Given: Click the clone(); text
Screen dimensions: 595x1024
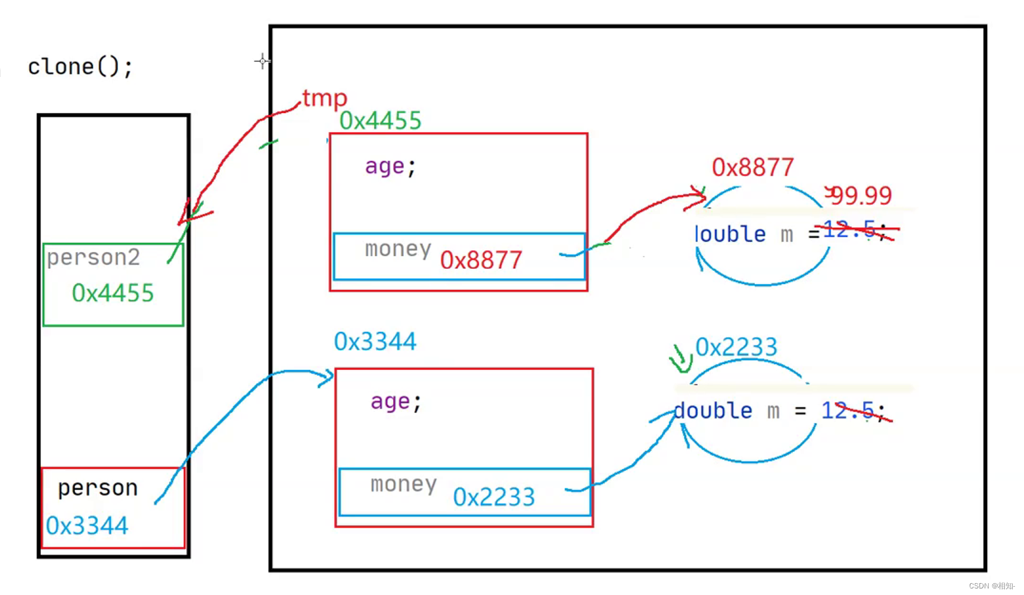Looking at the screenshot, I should tap(80, 67).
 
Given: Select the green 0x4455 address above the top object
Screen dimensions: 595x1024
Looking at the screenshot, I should tap(380, 121).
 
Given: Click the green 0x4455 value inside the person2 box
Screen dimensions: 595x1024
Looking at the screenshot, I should tap(113, 293).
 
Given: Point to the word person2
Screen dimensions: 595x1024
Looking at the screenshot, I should tap(94, 257).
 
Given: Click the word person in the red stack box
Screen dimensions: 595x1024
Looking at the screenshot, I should tap(98, 488).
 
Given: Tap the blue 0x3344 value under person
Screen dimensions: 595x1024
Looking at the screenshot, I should tap(87, 526).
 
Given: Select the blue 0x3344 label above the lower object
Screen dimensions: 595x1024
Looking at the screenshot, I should tap(375, 342).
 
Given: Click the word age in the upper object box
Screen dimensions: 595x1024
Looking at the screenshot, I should tap(385, 166).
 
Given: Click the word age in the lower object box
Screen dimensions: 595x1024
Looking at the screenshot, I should tap(390, 401).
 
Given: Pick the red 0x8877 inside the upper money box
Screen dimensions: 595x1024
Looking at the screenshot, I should tap(481, 260).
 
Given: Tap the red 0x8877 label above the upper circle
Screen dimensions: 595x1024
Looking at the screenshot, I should tap(752, 167).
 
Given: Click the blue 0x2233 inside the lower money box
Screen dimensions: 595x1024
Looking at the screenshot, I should tap(494, 497).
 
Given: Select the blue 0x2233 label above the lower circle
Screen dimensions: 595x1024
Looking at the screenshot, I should tap(736, 347).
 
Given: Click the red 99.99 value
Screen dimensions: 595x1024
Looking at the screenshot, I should tap(861, 195).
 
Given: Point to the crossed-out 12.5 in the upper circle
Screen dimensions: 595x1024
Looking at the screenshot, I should tap(849, 229).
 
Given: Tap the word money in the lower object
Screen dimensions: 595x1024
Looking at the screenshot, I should tap(403, 484).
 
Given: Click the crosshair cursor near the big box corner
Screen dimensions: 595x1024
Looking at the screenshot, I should tap(262, 61).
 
